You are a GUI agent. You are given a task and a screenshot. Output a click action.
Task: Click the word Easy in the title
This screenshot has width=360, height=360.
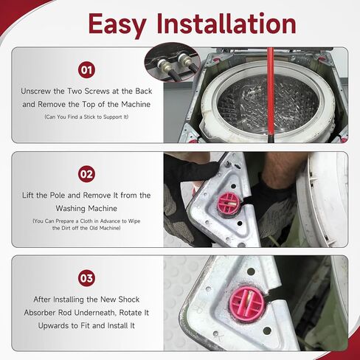(117, 25)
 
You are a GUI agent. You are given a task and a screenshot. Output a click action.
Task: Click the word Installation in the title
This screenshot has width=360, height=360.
(226, 23)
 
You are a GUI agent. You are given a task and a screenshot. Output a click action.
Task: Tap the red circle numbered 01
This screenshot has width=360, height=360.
(86, 70)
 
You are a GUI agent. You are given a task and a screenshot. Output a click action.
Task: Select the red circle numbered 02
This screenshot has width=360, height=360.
(86, 174)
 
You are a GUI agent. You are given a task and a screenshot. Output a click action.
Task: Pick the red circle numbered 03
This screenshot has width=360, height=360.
(86, 278)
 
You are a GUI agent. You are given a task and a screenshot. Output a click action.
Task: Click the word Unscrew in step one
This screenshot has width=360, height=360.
(36, 91)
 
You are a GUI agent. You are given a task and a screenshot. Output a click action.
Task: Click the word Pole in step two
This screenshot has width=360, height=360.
(58, 195)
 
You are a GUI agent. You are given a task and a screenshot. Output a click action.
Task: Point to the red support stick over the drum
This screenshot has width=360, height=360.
(271, 94)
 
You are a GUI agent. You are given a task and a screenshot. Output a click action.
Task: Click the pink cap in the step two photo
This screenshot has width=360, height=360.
(229, 204)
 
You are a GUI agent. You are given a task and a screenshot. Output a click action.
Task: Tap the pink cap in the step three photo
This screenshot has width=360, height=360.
(247, 304)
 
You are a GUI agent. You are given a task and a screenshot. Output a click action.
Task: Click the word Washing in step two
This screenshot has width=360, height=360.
(70, 209)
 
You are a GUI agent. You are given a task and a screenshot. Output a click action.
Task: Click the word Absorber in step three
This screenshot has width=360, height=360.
(40, 313)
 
